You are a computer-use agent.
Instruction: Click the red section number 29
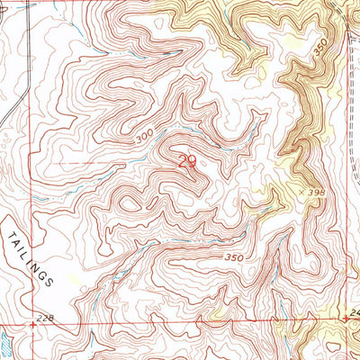[x=187, y=163]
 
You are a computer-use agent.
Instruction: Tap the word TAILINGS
[x=33, y=255]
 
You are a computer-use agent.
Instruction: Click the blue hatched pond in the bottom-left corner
[x=5, y=342]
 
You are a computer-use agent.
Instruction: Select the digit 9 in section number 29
[x=193, y=163]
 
